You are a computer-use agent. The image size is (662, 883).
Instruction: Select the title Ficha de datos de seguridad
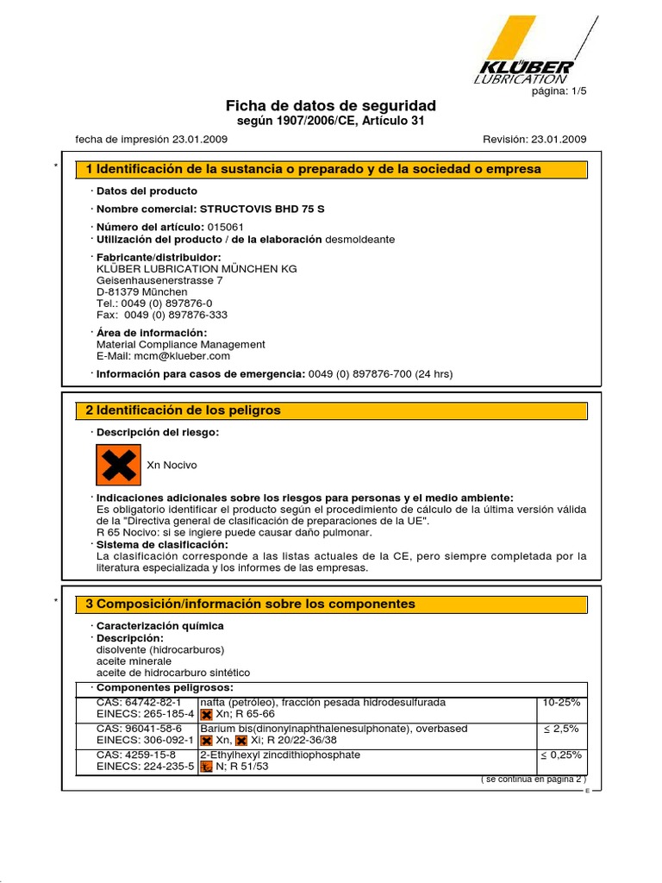pyautogui.click(x=331, y=105)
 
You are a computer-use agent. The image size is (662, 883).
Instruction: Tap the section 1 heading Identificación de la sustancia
pyautogui.click(x=319, y=169)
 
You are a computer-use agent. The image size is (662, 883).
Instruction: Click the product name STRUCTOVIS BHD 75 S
pyautogui.click(x=262, y=209)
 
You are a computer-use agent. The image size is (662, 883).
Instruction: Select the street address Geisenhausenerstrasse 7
pyautogui.click(x=159, y=280)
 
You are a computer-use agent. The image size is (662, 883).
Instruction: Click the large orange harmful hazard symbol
pyautogui.click(x=117, y=465)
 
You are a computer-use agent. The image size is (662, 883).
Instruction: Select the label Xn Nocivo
pyautogui.click(x=172, y=465)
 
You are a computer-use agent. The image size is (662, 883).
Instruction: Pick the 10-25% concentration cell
pyautogui.click(x=561, y=703)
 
